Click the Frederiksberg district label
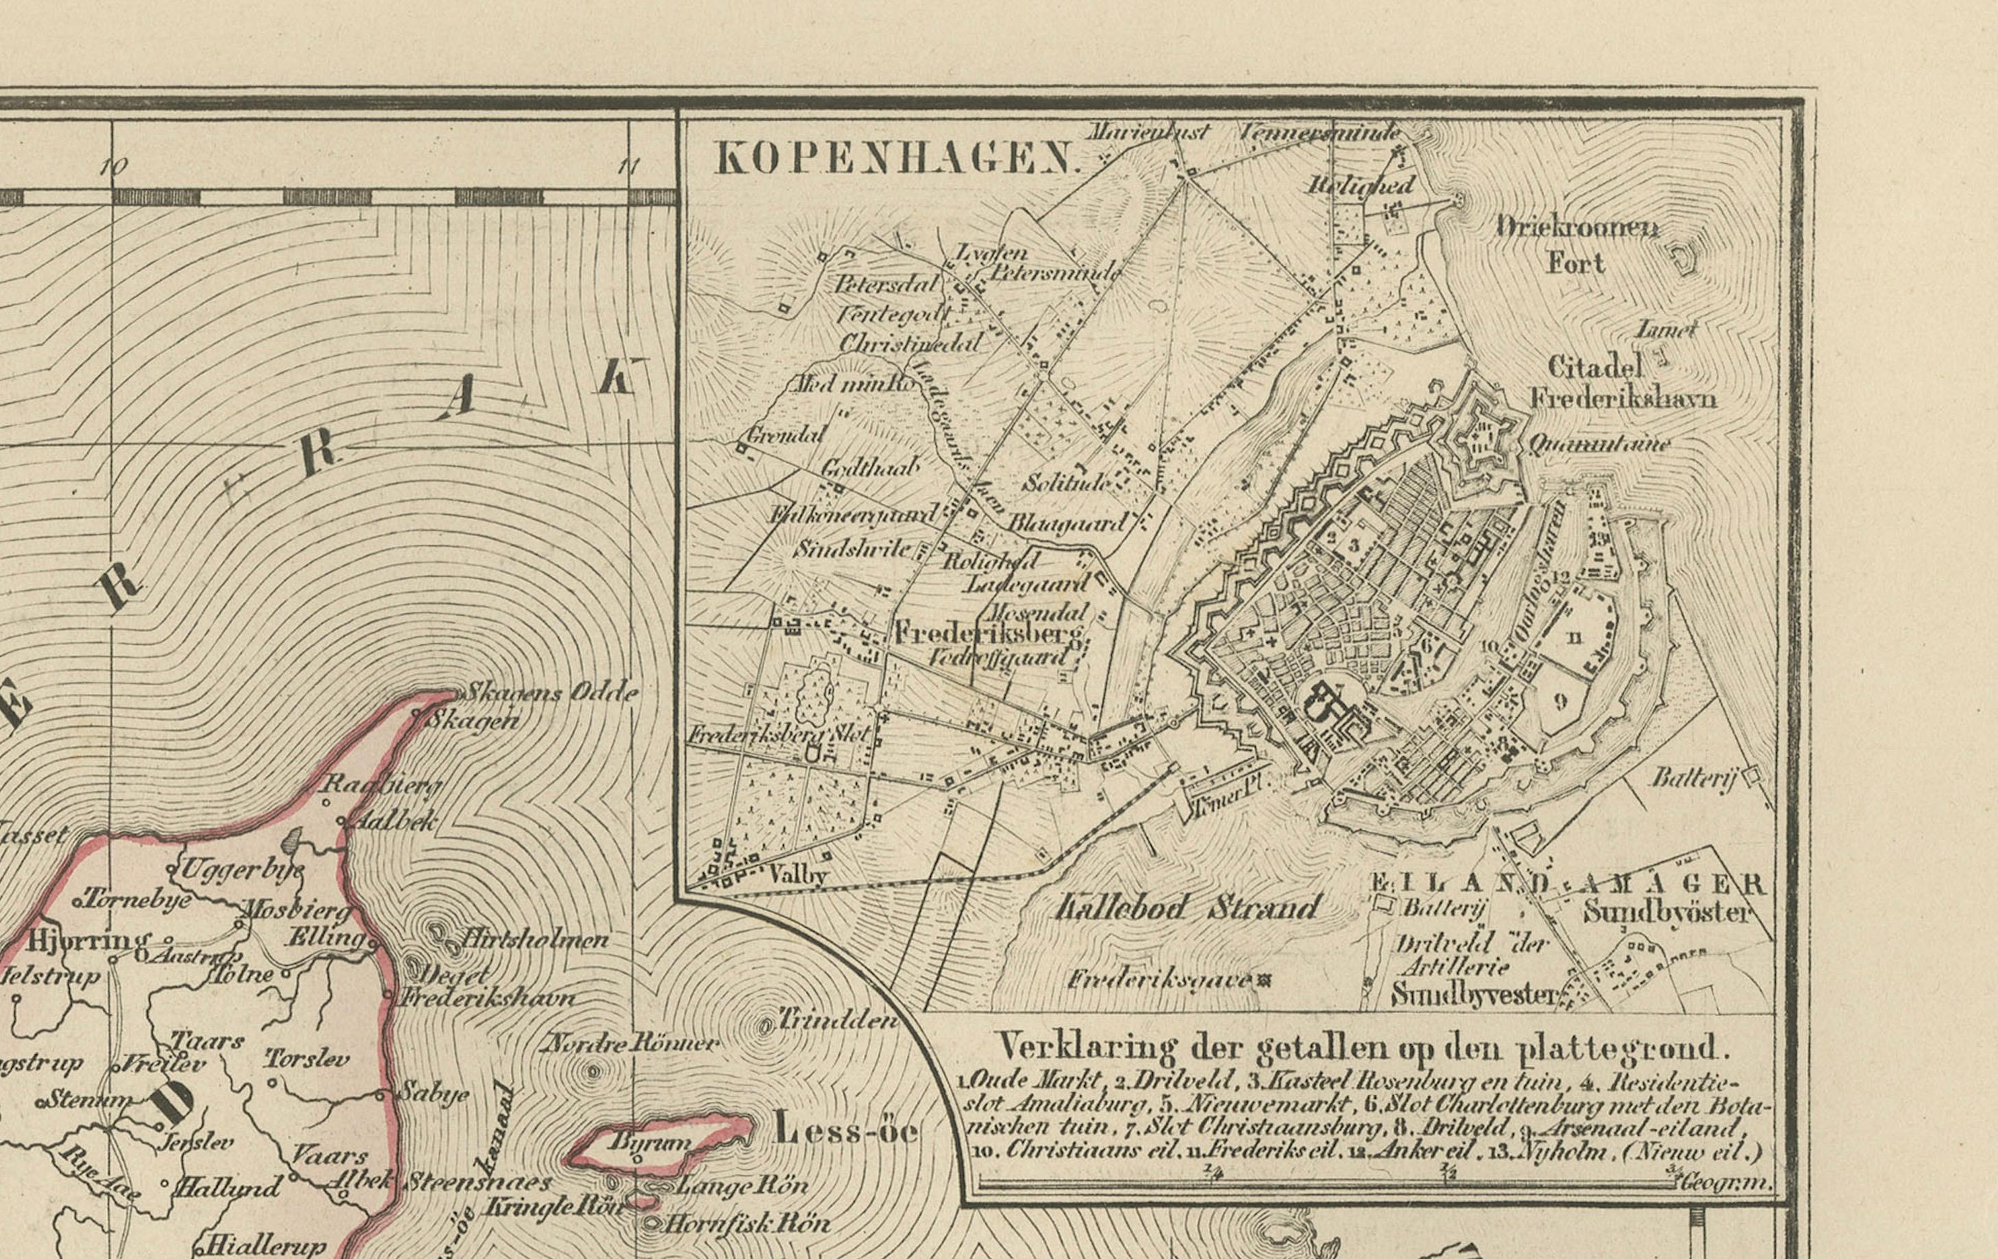click(x=987, y=634)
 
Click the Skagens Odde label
click(x=550, y=692)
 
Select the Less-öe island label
click(x=846, y=1132)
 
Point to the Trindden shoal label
click(x=838, y=1020)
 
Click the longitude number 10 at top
click(x=112, y=166)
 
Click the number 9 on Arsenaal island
click(x=1560, y=701)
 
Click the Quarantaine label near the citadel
click(x=1598, y=445)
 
